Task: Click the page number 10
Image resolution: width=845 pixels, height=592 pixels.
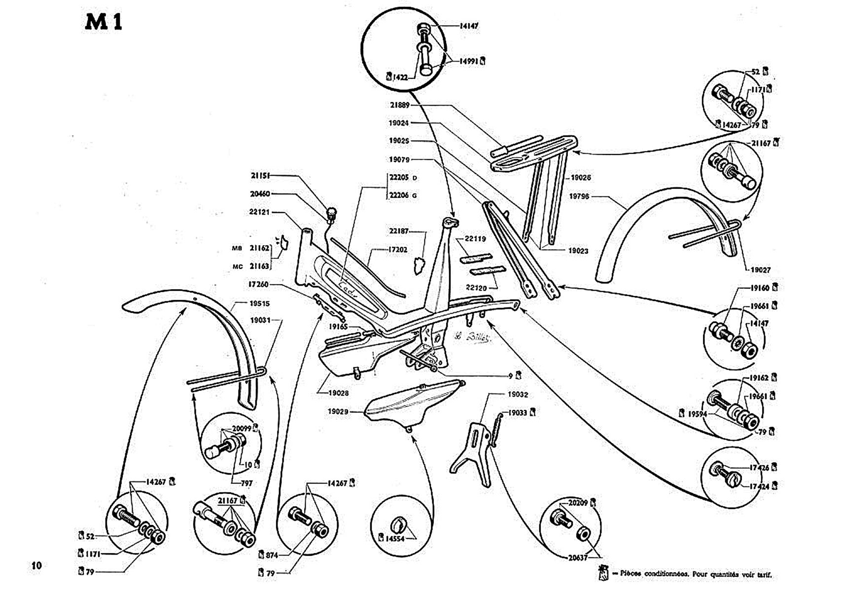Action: (36, 565)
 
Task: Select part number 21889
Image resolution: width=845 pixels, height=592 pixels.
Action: (399, 105)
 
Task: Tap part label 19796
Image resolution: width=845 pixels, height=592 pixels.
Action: (579, 196)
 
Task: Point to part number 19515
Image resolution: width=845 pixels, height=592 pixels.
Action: (259, 303)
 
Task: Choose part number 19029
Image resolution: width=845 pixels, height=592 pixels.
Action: (338, 411)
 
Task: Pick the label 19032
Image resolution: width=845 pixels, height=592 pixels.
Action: (518, 395)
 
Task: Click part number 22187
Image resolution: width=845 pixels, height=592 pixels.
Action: (399, 231)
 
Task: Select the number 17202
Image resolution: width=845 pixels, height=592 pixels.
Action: (397, 250)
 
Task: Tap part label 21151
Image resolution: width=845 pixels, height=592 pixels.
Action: (260, 176)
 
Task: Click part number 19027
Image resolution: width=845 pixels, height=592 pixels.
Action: (760, 270)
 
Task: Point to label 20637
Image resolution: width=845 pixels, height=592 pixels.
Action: (577, 558)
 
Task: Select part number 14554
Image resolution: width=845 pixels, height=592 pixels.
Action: (394, 539)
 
